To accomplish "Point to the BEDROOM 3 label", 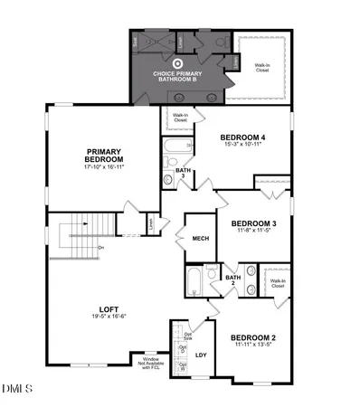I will pyautogui.click(x=253, y=223).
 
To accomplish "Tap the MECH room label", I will pyautogui.click(x=202, y=239).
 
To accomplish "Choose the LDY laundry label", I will pyautogui.click(x=202, y=354).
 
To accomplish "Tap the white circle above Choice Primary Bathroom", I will pyautogui.click(x=177, y=62).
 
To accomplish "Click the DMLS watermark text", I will pyautogui.click(x=16, y=389).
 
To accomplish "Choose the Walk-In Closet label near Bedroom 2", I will pyautogui.click(x=275, y=283).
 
